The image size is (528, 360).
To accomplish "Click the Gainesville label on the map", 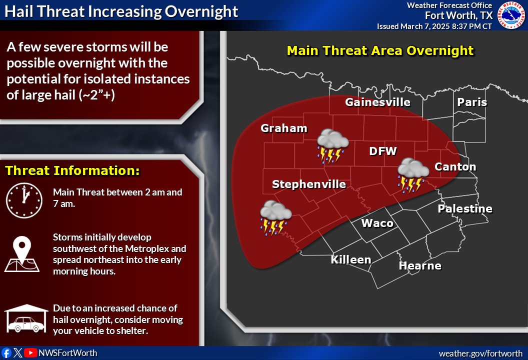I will (x=377, y=102).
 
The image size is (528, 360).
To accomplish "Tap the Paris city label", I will (x=472, y=102).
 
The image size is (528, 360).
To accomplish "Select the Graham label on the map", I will (x=283, y=128).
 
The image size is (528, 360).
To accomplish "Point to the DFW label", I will (x=382, y=151).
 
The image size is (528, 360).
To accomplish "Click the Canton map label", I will (x=455, y=166).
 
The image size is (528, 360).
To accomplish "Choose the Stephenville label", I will (x=308, y=184).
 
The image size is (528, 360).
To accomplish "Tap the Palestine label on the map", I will (x=465, y=209).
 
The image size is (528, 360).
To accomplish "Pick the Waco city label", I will (x=377, y=223).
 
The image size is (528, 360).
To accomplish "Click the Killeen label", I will (x=350, y=260).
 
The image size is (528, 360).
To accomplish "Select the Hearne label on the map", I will (x=419, y=266).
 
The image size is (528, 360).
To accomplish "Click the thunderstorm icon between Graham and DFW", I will (x=332, y=146).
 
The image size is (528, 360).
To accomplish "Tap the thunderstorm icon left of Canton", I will (x=413, y=175).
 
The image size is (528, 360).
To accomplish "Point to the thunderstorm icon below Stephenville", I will (x=275, y=218).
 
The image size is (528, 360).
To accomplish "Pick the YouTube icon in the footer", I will (x=30, y=353).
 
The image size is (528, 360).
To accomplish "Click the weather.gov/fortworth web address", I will (x=480, y=353).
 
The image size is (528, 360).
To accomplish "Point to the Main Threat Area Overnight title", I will (x=380, y=51).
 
